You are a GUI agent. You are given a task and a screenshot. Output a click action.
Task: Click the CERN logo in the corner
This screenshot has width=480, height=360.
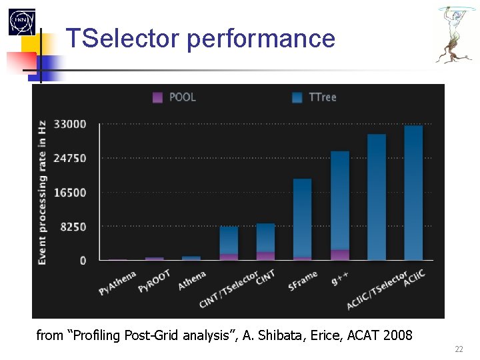21,23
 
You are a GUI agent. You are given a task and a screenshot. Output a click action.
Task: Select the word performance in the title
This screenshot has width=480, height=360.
261,39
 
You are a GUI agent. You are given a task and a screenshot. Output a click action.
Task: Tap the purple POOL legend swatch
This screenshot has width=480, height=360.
157,97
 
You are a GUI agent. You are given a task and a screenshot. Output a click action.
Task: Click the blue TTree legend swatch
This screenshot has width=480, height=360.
297,97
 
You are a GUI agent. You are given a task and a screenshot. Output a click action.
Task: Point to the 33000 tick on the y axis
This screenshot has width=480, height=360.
71,124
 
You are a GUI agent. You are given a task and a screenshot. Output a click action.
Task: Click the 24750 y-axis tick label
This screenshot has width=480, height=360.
71,159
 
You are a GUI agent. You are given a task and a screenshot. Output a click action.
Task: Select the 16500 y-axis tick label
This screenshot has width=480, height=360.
71,193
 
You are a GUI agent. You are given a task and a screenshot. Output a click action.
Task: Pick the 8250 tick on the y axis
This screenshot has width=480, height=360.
74,227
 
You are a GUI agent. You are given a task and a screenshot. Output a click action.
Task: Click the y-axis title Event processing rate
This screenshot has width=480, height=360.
42,192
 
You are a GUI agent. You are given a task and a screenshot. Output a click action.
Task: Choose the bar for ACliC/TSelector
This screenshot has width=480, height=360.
377,197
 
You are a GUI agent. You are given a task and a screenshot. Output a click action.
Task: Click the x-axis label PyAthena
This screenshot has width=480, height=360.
117,283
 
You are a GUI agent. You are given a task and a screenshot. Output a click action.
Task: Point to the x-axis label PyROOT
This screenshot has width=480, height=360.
155,281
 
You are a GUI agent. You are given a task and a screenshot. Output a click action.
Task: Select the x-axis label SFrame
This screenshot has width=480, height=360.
303,281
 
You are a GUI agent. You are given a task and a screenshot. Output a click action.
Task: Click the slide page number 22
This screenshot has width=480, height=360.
459,349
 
